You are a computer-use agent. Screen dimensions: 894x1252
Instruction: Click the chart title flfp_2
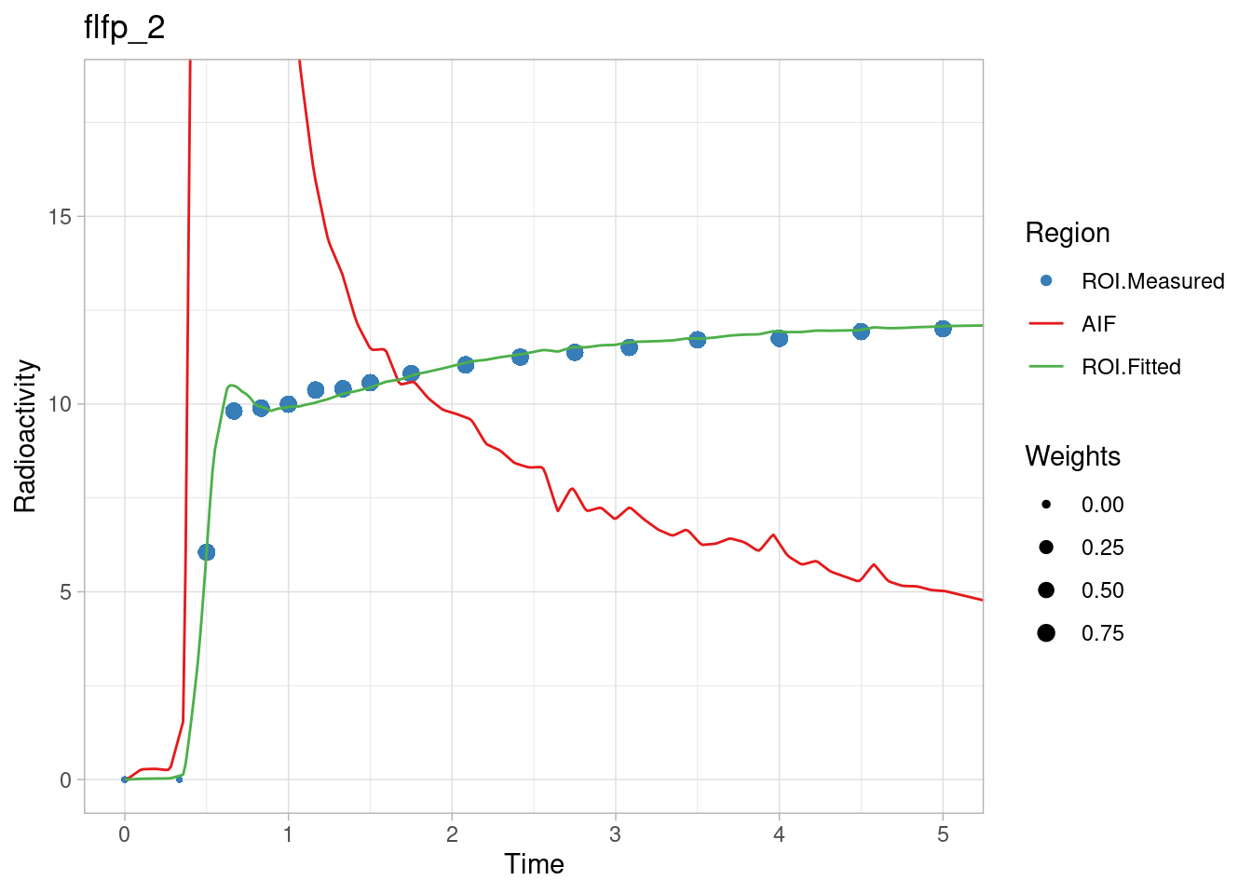[x=125, y=28]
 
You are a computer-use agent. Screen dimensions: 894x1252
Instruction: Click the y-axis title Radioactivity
[x=26, y=436]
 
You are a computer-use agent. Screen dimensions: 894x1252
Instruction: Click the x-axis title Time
[x=534, y=864]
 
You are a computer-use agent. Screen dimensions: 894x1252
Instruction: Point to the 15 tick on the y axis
[x=60, y=217]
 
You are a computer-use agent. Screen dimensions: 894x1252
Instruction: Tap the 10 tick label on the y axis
[x=60, y=404]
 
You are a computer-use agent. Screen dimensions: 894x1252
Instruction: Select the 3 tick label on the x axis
[x=615, y=834]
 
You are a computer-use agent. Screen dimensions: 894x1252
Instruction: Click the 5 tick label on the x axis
[x=943, y=834]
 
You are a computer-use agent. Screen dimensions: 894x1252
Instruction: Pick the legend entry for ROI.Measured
[x=1152, y=281]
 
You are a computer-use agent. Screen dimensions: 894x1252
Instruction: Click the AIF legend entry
[x=1098, y=324]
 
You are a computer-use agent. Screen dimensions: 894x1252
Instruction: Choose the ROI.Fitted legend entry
[x=1131, y=367]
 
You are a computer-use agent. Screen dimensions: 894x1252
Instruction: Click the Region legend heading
[x=1068, y=233]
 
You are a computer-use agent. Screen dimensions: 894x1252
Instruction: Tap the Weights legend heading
[x=1072, y=456]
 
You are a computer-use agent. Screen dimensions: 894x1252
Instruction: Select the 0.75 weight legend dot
[x=1046, y=633]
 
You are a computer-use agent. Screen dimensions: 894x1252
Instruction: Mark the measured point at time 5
[x=943, y=328]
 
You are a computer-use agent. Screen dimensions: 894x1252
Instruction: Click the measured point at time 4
[x=779, y=337]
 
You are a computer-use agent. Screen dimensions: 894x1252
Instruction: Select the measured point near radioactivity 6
[x=207, y=552]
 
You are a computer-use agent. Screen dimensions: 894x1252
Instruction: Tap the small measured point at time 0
[x=125, y=779]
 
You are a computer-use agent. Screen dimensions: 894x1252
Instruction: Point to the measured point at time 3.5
[x=697, y=339]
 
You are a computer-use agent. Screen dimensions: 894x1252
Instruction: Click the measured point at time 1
[x=288, y=404]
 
